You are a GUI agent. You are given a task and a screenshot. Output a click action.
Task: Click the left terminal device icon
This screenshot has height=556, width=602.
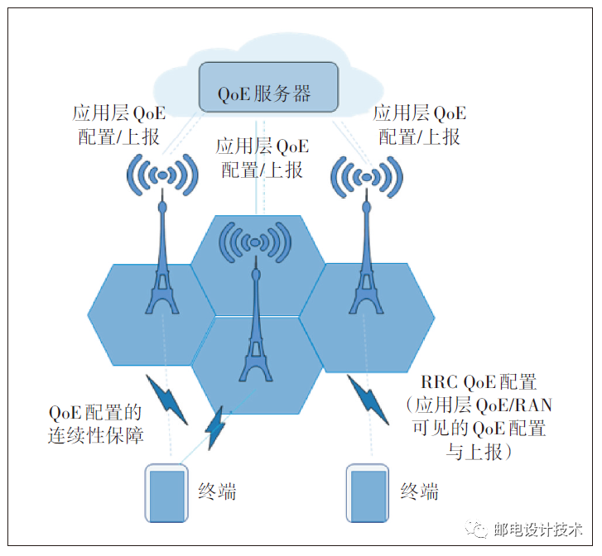(x=166, y=493)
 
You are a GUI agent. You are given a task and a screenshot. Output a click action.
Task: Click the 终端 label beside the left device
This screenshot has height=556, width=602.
(x=218, y=491)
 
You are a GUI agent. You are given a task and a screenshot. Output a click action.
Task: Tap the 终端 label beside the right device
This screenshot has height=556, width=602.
(x=419, y=491)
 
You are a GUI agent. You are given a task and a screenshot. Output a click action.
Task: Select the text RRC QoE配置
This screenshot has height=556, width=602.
(x=479, y=382)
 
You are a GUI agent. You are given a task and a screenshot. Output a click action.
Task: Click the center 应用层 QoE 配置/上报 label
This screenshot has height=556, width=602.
(x=262, y=158)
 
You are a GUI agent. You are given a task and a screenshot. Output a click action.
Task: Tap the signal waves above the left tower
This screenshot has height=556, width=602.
(x=163, y=175)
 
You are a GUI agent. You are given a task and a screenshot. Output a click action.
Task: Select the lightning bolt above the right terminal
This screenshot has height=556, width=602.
(x=367, y=398)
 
